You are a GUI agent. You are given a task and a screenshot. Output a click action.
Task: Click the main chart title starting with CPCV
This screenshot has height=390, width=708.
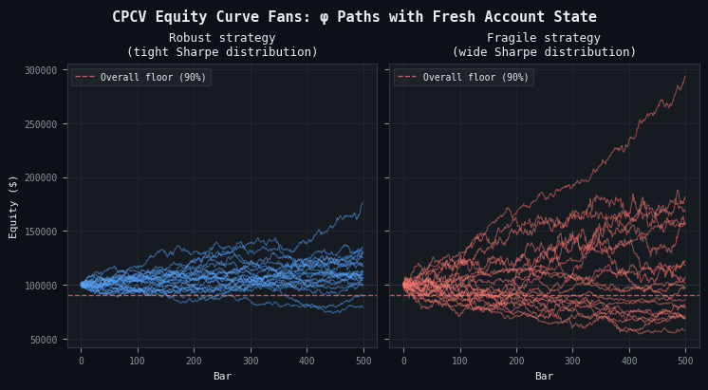pos(354,17)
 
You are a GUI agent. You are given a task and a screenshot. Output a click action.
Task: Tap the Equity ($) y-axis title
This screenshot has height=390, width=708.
pos(13,206)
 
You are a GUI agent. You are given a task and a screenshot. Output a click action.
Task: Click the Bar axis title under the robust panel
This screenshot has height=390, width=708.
pos(222,377)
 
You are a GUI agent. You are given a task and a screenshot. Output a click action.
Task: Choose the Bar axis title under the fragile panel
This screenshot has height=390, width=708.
pos(544,377)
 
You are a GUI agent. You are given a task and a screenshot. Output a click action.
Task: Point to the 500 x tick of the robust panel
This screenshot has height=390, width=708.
pos(363,362)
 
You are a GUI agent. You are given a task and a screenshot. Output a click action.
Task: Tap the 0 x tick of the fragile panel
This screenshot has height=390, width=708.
pos(403,362)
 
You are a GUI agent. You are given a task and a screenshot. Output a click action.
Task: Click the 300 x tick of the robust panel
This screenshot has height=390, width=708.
pos(251,362)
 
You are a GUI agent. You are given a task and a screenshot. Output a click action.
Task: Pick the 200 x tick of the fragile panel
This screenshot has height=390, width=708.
pos(516,362)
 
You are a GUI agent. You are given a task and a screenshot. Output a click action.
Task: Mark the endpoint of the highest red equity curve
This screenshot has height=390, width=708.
pos(685,77)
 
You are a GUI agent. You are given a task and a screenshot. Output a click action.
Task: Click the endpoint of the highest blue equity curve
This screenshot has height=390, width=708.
pos(363,202)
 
